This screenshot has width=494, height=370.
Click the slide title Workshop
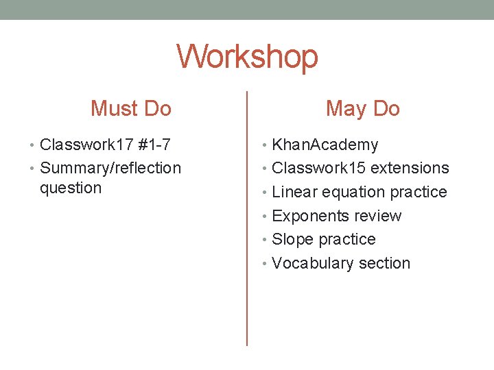tap(247, 57)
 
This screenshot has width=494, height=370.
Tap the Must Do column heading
tap(131, 108)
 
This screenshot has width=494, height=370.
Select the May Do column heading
tap(363, 108)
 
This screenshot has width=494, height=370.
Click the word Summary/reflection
tap(110, 168)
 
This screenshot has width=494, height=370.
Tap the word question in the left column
tap(71, 188)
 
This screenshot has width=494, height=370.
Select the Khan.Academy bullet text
tap(325, 145)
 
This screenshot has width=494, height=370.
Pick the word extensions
tap(410, 168)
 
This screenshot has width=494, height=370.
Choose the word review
tap(376, 216)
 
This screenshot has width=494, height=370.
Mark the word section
tap(385, 263)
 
